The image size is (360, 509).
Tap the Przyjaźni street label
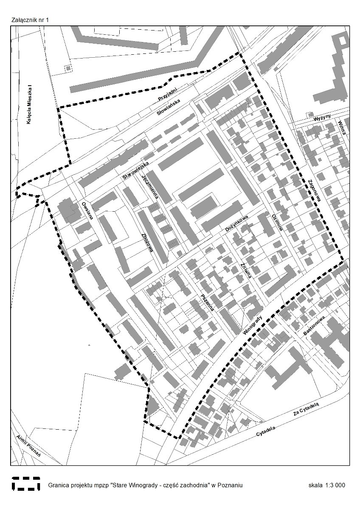click(x=166, y=91)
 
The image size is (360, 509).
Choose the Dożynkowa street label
click(x=236, y=223)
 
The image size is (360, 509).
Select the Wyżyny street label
click(x=319, y=119)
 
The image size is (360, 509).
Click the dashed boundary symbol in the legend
click(x=26, y=484)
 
